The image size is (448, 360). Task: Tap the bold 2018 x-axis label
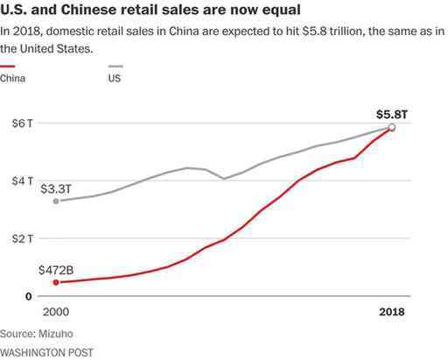point(391,313)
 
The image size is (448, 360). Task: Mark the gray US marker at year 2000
point(57,201)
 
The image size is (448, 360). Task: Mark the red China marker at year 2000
point(57,282)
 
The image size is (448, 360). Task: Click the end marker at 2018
point(392,128)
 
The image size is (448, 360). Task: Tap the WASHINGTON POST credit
point(46,351)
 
